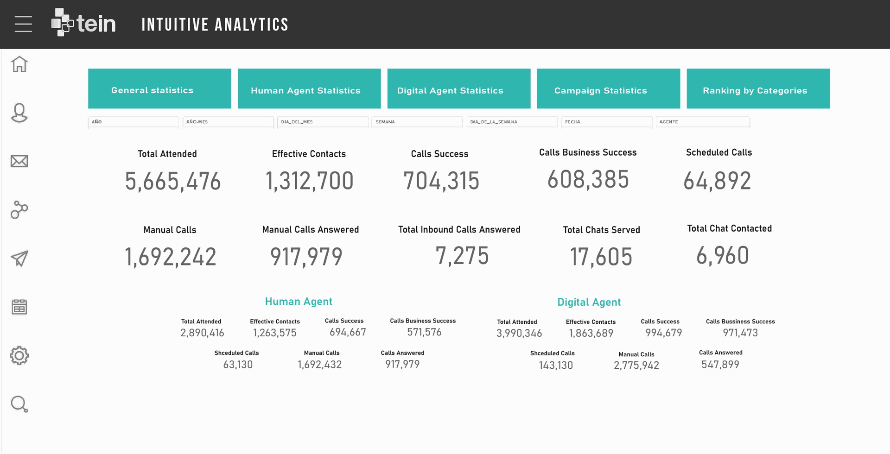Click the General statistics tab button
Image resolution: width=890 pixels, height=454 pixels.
[159, 89]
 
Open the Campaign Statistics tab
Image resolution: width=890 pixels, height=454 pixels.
[608, 89]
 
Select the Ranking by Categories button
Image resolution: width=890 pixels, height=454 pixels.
[758, 89]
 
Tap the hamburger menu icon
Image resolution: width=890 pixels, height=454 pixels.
[23, 24]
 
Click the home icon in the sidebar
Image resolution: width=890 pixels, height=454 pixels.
[19, 64]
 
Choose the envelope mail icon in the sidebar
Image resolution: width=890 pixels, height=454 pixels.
[19, 161]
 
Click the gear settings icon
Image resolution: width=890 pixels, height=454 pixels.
[19, 356]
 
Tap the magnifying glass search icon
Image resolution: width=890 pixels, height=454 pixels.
[19, 404]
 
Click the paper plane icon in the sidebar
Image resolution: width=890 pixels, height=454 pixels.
[19, 259]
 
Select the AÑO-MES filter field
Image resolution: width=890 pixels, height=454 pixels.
[228, 122]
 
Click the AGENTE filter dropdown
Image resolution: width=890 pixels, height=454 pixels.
[703, 122]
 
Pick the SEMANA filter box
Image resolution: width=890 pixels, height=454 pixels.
[417, 122]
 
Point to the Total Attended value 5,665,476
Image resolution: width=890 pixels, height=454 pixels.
[173, 181]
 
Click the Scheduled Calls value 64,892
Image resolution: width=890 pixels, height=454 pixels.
[717, 181]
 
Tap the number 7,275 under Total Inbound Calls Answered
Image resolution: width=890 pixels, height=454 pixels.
[462, 256]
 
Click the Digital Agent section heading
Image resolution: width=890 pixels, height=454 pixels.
[589, 302]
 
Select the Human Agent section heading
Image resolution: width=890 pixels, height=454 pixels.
[299, 302]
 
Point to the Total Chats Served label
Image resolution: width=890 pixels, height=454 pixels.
[601, 230]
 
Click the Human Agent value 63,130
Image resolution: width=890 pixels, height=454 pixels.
[238, 365]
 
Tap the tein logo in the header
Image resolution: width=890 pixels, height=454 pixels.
[83, 23]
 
